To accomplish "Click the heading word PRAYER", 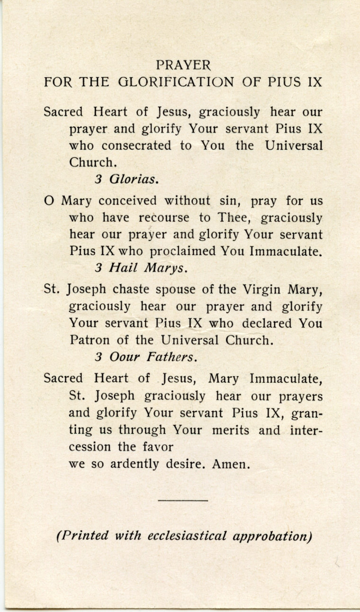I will tap(183, 64).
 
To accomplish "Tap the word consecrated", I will tap(136, 145).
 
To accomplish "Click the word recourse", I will tap(164, 218).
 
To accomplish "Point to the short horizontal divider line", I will tap(183, 500).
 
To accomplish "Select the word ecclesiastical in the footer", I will tap(187, 536).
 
